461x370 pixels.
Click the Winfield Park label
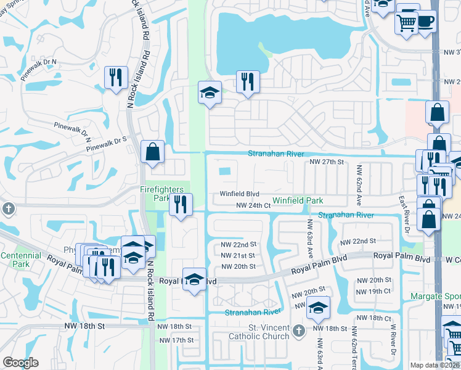(x=298, y=200)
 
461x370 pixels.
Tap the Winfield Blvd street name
(x=239, y=194)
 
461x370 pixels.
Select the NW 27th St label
(x=325, y=161)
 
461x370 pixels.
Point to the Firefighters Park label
(x=154, y=194)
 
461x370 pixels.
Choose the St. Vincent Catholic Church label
(x=259, y=332)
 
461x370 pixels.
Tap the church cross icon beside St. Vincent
(x=298, y=331)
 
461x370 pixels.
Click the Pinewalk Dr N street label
(x=38, y=62)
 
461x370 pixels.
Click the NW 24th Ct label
(x=254, y=205)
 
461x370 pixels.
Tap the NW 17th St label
(x=176, y=340)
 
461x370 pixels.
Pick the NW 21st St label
(x=238, y=255)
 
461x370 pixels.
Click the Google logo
(x=21, y=363)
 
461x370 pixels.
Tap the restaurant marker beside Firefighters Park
(x=181, y=205)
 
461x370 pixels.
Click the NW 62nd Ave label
(x=357, y=183)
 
